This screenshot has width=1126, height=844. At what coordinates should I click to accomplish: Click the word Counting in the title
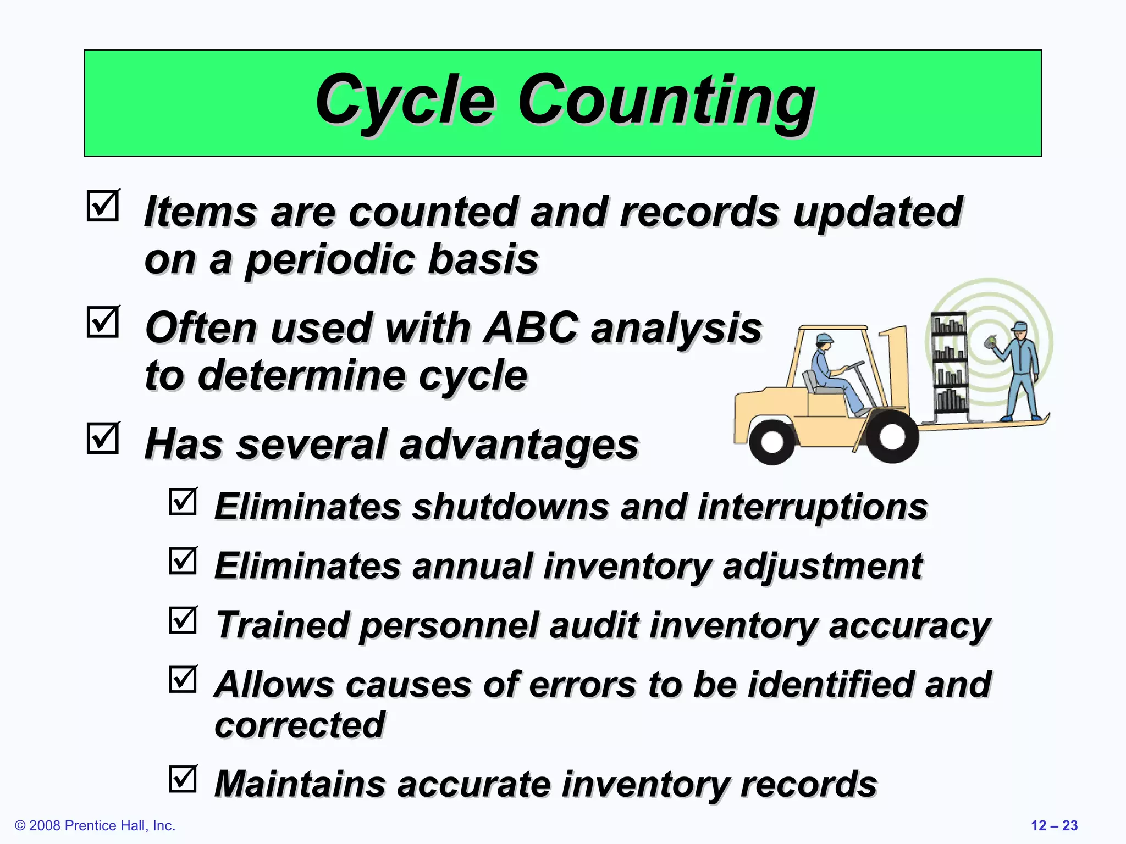tap(666, 101)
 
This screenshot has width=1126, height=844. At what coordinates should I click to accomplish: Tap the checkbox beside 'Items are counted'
tap(103, 206)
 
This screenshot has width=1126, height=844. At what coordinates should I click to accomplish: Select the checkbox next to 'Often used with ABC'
tap(103, 322)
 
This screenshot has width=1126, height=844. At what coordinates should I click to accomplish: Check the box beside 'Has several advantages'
tap(103, 438)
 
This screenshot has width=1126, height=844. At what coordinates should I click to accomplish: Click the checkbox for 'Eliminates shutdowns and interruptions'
tap(183, 501)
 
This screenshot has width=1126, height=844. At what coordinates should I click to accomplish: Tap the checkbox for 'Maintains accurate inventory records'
tap(183, 779)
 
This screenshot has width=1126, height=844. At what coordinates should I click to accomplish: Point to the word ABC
tap(531, 328)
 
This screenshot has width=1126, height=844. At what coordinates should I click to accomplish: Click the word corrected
tap(300, 725)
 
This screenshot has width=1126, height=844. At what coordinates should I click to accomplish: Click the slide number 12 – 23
tap(1054, 825)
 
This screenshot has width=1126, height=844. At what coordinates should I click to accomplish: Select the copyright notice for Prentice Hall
tap(95, 825)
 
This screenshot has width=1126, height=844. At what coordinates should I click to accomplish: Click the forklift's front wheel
tap(891, 437)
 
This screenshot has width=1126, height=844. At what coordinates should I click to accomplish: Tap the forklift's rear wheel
tap(772, 441)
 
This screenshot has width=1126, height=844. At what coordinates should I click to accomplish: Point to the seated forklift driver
tap(831, 374)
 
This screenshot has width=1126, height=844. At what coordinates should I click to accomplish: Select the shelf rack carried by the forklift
tap(949, 363)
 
